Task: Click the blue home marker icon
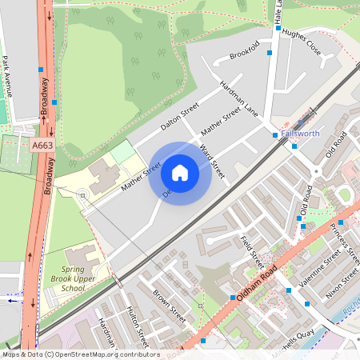[x=180, y=173]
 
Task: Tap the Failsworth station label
[x=301, y=134]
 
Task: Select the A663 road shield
[x=44, y=146]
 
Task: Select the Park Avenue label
[x=7, y=77]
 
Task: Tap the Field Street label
[x=253, y=250]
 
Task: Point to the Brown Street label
[x=169, y=306]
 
